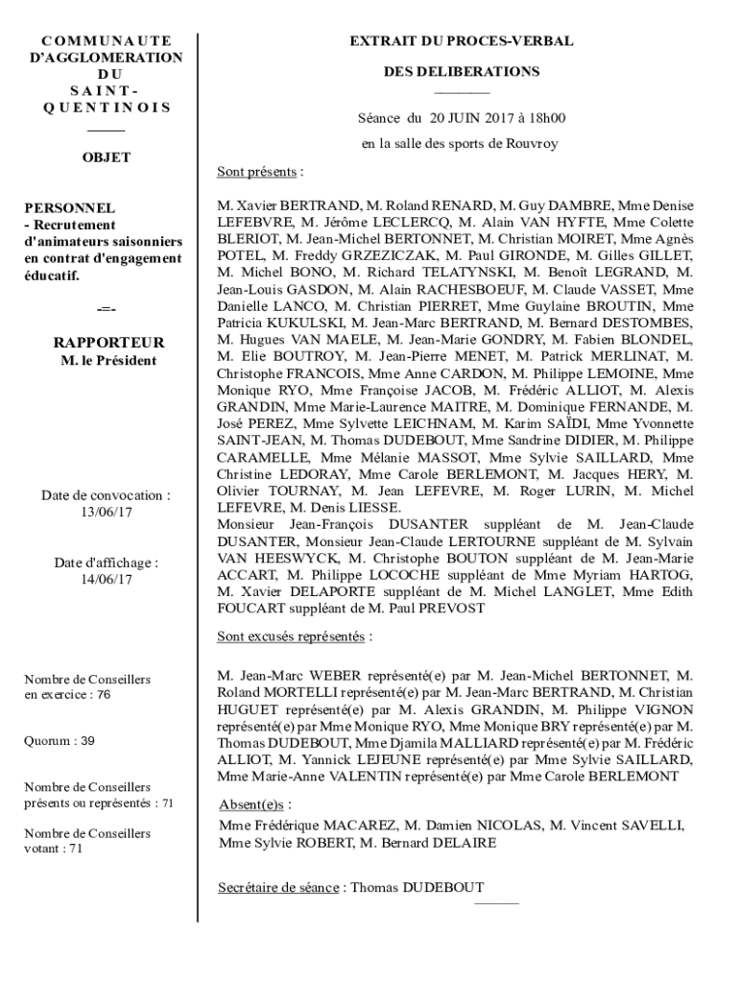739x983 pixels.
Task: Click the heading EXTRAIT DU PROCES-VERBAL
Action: click(x=461, y=41)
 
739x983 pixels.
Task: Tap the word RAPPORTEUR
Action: click(x=108, y=343)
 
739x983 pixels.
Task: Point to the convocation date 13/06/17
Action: click(x=106, y=512)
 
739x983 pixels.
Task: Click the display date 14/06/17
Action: click(x=106, y=579)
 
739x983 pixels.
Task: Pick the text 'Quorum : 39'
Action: click(x=59, y=741)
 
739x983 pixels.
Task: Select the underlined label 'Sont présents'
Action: click(x=256, y=173)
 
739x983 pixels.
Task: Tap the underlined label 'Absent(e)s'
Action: click(x=252, y=804)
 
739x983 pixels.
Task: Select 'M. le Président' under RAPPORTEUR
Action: click(x=108, y=361)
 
